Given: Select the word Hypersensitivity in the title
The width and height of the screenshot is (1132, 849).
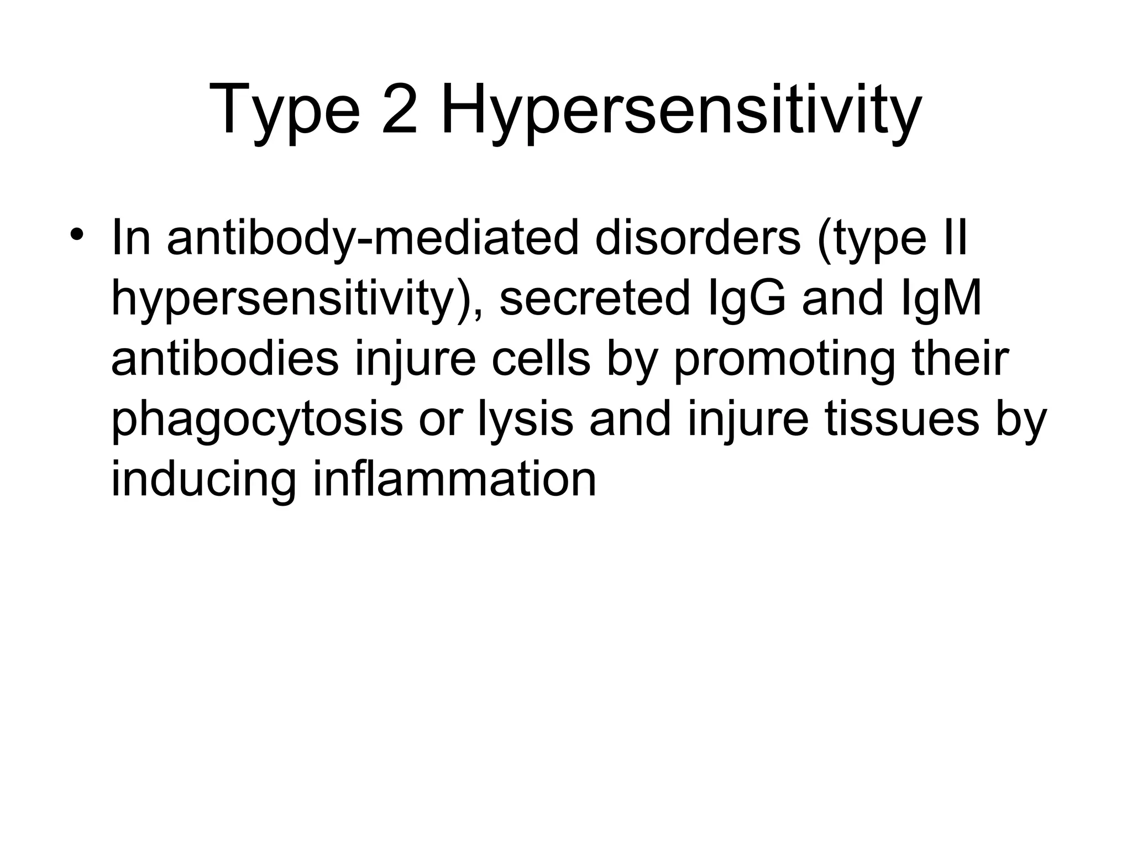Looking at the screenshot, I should click(x=681, y=111).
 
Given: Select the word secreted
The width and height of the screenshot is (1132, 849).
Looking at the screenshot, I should click(x=595, y=299).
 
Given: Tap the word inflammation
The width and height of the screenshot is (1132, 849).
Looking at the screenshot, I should click(x=454, y=480).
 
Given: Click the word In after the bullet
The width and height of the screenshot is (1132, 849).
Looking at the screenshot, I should click(x=130, y=239).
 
